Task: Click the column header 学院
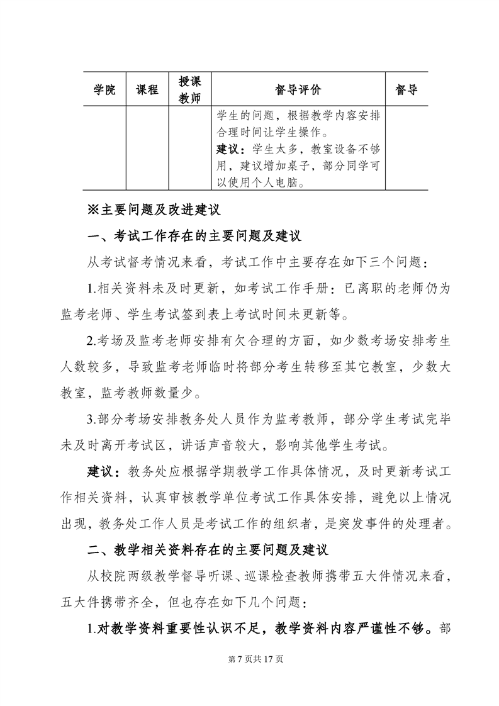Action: (105, 90)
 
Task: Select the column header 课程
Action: (147, 90)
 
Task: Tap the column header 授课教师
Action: (189, 90)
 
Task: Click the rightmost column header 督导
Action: (406, 90)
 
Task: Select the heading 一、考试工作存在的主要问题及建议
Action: (195, 237)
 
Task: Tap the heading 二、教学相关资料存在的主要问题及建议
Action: (208, 550)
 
